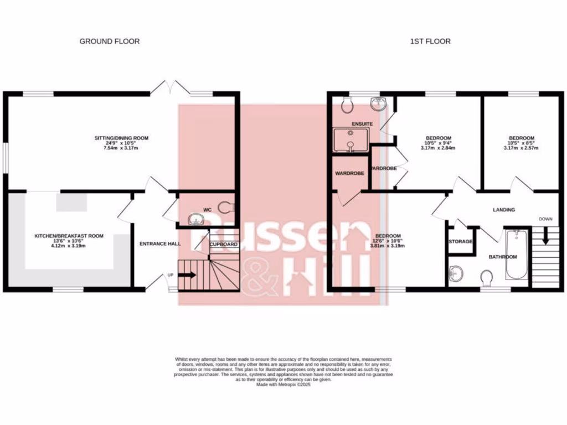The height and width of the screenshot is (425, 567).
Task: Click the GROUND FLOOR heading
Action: tap(109, 41)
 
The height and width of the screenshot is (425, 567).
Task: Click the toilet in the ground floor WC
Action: tap(225, 208)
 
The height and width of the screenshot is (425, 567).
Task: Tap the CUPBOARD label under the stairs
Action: tap(224, 244)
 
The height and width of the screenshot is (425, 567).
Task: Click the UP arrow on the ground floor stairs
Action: tap(188, 274)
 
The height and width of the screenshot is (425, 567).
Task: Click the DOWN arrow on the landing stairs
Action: tap(545, 237)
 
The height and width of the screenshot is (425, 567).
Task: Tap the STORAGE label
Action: tap(460, 242)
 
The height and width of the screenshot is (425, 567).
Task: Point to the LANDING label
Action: tap(504, 210)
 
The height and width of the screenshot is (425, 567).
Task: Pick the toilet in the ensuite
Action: tap(347, 103)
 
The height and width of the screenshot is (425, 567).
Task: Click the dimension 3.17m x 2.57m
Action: tap(522, 148)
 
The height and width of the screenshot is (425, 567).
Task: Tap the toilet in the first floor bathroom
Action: tap(487, 276)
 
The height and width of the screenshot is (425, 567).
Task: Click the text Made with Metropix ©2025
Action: tap(283, 384)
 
